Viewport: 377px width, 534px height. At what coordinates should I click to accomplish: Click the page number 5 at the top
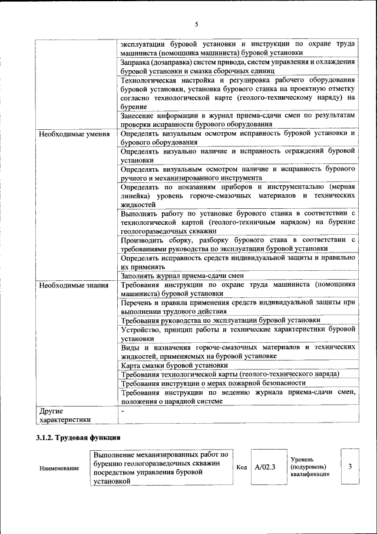click(196, 24)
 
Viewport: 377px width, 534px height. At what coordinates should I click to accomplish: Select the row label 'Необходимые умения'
click(74, 134)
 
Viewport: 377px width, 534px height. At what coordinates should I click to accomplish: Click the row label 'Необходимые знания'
click(74, 286)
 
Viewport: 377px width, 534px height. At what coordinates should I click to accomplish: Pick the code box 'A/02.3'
click(265, 467)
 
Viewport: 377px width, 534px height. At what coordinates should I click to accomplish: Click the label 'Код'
click(241, 467)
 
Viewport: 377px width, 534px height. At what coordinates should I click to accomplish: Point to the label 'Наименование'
click(59, 468)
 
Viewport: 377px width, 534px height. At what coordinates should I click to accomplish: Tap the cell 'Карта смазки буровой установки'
click(166, 365)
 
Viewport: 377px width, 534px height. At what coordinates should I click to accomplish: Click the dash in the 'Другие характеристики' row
click(123, 410)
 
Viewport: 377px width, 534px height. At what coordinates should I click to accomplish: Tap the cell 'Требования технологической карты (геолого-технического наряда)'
click(229, 374)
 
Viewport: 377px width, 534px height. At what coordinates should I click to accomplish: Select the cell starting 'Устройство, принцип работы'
click(237, 334)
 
